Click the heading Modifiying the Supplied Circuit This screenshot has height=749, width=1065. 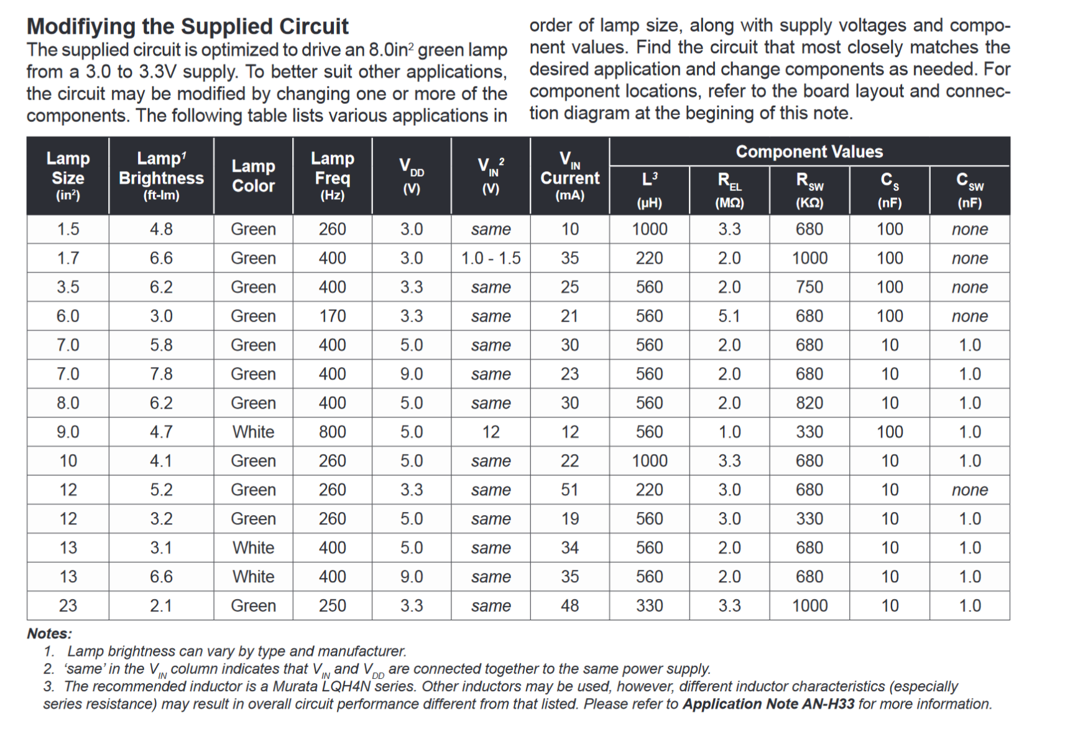tap(187, 26)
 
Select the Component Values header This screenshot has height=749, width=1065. tap(809, 151)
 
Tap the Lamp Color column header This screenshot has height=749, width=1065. tap(254, 175)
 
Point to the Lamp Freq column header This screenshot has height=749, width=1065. tap(333, 175)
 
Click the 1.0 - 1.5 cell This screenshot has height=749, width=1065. tap(491, 258)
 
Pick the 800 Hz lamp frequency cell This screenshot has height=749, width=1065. tap(333, 432)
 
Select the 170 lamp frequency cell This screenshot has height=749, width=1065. tap(333, 316)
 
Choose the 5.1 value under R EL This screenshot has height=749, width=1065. tap(729, 316)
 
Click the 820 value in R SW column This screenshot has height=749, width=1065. tap(809, 403)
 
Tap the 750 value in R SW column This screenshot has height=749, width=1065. tap(809, 287)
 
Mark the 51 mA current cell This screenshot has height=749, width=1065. tap(569, 490)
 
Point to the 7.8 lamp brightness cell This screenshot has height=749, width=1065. tap(161, 374)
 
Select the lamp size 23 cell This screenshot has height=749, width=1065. tap(68, 605)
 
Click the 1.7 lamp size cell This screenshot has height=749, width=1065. tap(68, 258)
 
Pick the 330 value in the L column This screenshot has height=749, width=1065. tap(649, 605)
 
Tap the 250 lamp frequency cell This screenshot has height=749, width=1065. tap(333, 605)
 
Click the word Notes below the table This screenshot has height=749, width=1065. tap(50, 633)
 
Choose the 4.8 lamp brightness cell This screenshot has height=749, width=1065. tap(161, 229)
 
